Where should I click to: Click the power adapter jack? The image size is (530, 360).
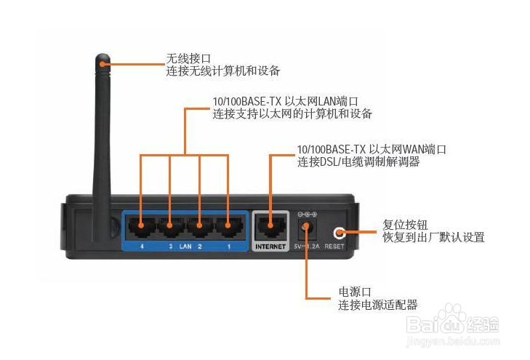(306, 229)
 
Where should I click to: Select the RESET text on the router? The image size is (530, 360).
(335, 247)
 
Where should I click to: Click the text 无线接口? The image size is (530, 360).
(188, 58)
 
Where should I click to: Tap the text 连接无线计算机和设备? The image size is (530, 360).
(223, 71)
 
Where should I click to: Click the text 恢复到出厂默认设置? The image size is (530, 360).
(433, 237)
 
